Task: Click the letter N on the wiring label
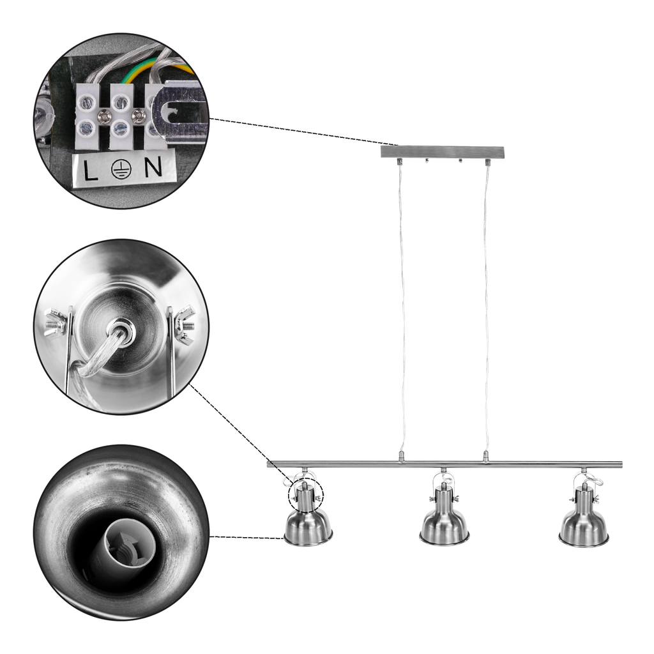[153, 167]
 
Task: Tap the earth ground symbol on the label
[121, 169]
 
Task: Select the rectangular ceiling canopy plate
[442, 151]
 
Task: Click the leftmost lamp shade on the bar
[308, 528]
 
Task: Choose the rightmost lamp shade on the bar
[584, 528]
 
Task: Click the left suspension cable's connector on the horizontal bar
[402, 457]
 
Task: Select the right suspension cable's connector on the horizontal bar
[485, 456]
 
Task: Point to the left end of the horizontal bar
[268, 464]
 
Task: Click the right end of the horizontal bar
[621, 464]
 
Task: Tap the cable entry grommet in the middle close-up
[121, 328]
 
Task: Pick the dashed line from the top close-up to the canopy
[303, 132]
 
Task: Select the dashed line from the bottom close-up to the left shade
[247, 537]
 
